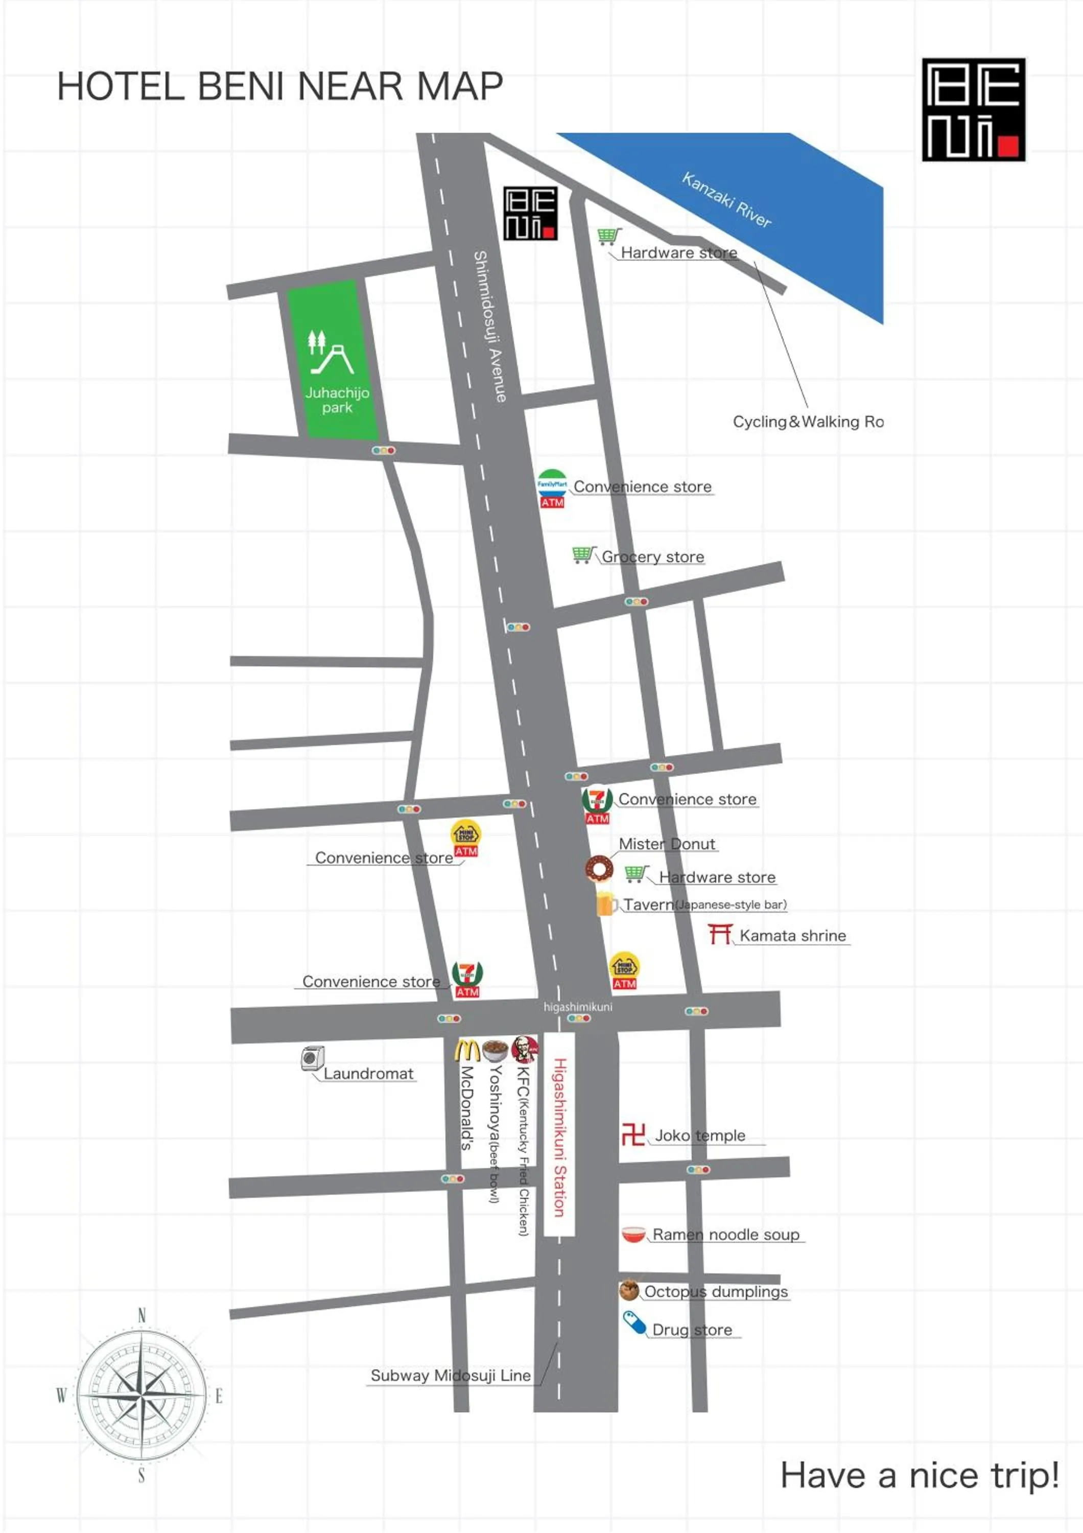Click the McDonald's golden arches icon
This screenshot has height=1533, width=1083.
pyautogui.click(x=467, y=1050)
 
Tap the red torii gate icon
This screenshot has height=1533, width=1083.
pyautogui.click(x=720, y=934)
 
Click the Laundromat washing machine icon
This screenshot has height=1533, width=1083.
pyautogui.click(x=312, y=1058)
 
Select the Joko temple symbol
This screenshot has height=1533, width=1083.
pyautogui.click(x=632, y=1134)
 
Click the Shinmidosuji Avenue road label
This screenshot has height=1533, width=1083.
pyautogui.click(x=489, y=326)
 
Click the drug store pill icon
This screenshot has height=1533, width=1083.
pyautogui.click(x=634, y=1322)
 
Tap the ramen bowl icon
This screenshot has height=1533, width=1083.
pyautogui.click(x=633, y=1234)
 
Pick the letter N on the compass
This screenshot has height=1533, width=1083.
pyautogui.click(x=142, y=1315)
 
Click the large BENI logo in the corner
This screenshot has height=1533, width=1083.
pyautogui.click(x=973, y=109)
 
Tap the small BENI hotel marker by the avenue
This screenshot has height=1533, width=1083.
pyautogui.click(x=530, y=213)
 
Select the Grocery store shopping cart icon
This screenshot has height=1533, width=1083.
pyautogui.click(x=582, y=554)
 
